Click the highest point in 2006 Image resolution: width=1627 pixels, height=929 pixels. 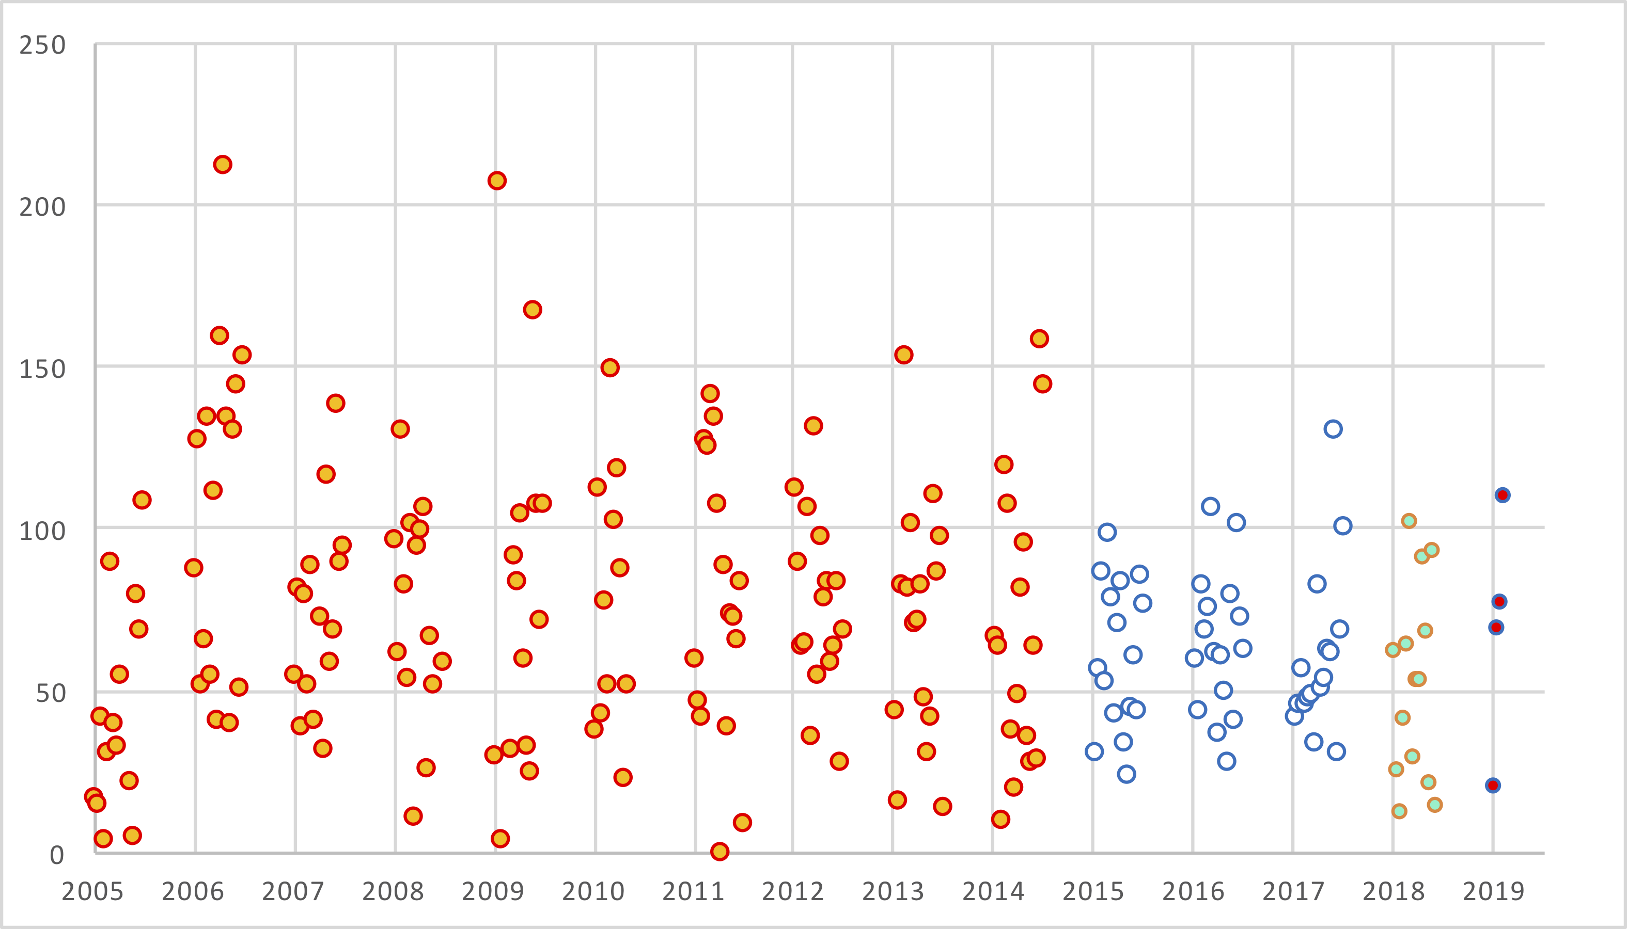pos(222,165)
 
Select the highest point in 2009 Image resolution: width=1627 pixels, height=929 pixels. pos(497,181)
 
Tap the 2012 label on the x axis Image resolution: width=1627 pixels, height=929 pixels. pos(793,891)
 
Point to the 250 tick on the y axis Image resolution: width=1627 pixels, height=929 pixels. pos(42,45)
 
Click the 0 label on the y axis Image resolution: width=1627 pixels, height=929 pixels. pos(57,855)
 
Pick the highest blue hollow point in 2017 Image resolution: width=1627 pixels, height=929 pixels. pos(1333,429)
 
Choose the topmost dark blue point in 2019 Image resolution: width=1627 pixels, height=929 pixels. pos(1503,495)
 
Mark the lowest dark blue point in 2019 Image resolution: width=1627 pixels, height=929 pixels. pos(1493,786)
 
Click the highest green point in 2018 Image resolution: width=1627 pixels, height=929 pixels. pos(1409,521)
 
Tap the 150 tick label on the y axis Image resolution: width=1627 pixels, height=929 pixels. pos(42,369)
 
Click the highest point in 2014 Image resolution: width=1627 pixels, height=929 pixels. pos(1039,339)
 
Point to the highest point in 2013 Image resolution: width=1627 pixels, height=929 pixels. pos(903,355)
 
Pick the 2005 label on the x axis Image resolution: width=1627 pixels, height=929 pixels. pos(92,891)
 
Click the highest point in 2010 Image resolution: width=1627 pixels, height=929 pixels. pos(610,367)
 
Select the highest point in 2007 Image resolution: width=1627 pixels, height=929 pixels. pos(335,403)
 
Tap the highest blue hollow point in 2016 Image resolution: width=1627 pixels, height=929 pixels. pos(1210,507)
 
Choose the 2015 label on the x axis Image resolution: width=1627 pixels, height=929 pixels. pos(1093,891)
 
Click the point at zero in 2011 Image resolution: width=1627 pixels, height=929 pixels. pos(719,851)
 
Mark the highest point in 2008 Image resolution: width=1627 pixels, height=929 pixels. pos(400,429)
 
